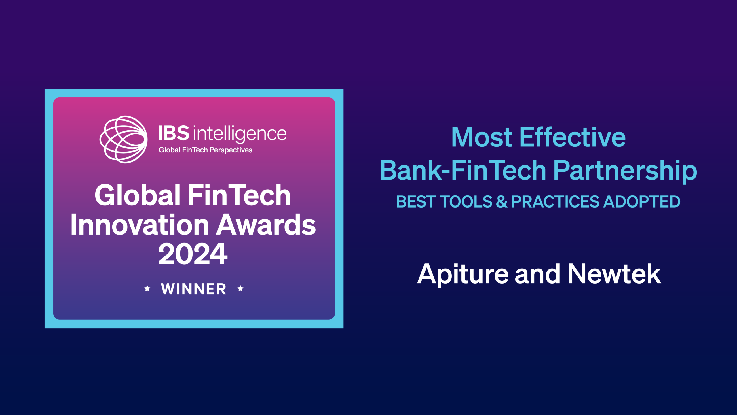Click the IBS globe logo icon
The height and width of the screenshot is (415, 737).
point(124,139)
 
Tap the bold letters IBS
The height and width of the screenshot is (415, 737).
point(174,133)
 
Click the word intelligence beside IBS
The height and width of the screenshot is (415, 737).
point(240,134)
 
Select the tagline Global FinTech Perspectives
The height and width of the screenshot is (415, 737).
point(206,150)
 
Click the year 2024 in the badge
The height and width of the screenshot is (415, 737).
point(193,254)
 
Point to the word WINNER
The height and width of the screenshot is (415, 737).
point(194,289)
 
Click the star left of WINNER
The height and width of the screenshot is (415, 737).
point(147,288)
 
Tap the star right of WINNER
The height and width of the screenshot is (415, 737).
point(240,288)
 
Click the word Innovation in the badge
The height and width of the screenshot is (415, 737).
point(140,225)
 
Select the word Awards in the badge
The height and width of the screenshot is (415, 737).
point(266,225)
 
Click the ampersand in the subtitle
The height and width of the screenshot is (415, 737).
point(502,201)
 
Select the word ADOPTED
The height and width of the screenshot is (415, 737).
point(642,201)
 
